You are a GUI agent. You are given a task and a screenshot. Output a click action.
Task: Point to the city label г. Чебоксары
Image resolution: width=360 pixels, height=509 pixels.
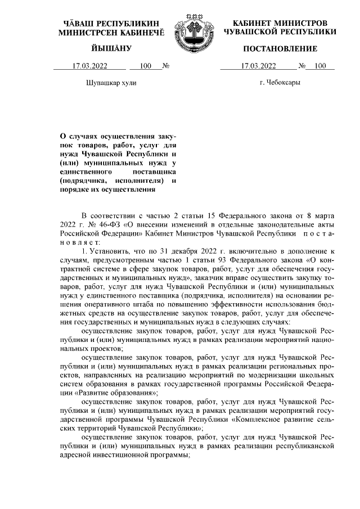coord(280,83)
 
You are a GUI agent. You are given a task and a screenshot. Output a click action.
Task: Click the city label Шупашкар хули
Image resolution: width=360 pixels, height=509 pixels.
coord(111,83)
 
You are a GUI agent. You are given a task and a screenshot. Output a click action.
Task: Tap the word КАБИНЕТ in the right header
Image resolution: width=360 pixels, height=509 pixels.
coord(251,23)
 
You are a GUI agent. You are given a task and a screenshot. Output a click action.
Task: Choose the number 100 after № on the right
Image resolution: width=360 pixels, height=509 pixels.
coord(320,66)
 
